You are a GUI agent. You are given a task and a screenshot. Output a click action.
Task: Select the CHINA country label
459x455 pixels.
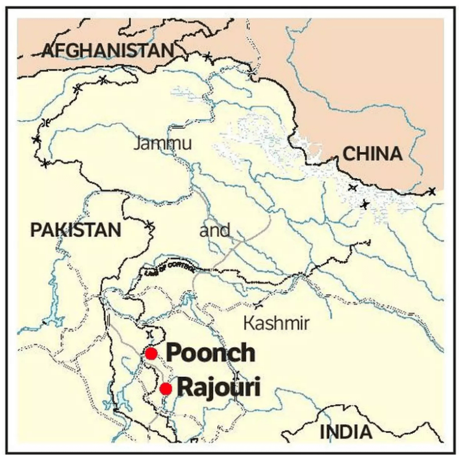(372, 154)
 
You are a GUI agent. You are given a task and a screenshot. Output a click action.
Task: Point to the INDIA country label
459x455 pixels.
(346, 432)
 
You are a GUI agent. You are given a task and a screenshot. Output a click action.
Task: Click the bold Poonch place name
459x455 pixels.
(210, 353)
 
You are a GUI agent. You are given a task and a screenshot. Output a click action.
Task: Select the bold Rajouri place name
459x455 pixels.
(218, 387)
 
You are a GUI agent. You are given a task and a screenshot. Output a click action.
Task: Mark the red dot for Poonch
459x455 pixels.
(151, 353)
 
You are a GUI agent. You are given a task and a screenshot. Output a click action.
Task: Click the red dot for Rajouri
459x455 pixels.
(166, 388)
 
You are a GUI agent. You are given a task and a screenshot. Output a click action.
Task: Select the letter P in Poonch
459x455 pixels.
(173, 353)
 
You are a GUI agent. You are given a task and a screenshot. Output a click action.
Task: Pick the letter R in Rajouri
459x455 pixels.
(185, 387)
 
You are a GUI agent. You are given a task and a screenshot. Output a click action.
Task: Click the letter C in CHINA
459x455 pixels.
(348, 154)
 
